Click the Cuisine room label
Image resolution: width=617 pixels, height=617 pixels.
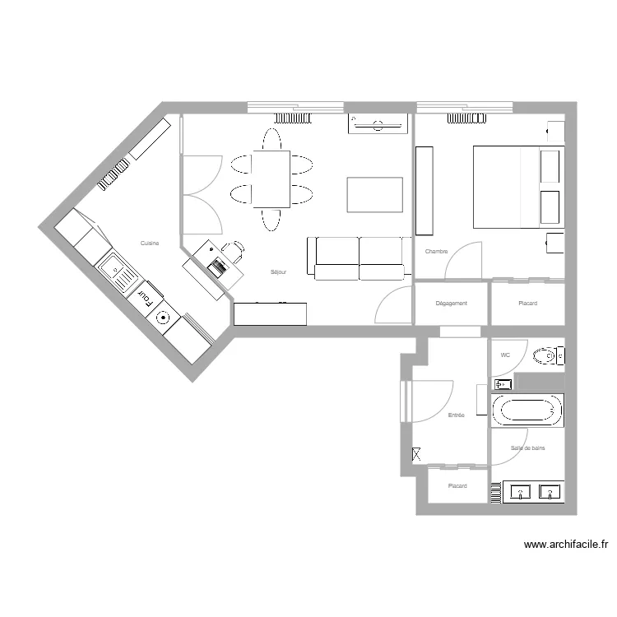point(149,243)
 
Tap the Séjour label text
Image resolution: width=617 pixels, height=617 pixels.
point(278,271)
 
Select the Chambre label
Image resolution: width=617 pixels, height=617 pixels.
point(436,251)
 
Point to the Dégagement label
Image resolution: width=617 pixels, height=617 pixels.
point(451,304)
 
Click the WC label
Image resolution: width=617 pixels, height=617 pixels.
point(505,355)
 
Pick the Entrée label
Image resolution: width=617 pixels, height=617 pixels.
point(456,415)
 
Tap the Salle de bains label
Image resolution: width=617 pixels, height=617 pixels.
point(527,448)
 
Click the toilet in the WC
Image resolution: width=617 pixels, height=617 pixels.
point(545,356)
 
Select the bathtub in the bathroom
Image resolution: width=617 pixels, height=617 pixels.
point(527,410)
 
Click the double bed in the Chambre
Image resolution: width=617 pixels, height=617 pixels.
point(517,187)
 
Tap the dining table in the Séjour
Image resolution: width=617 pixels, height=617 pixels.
point(271,179)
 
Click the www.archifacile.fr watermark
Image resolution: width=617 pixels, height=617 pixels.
point(565,544)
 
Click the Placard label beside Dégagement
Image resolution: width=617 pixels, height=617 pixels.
point(527,304)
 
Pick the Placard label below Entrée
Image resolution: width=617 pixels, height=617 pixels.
point(457,486)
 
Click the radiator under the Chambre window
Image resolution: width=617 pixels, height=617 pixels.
point(466,118)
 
